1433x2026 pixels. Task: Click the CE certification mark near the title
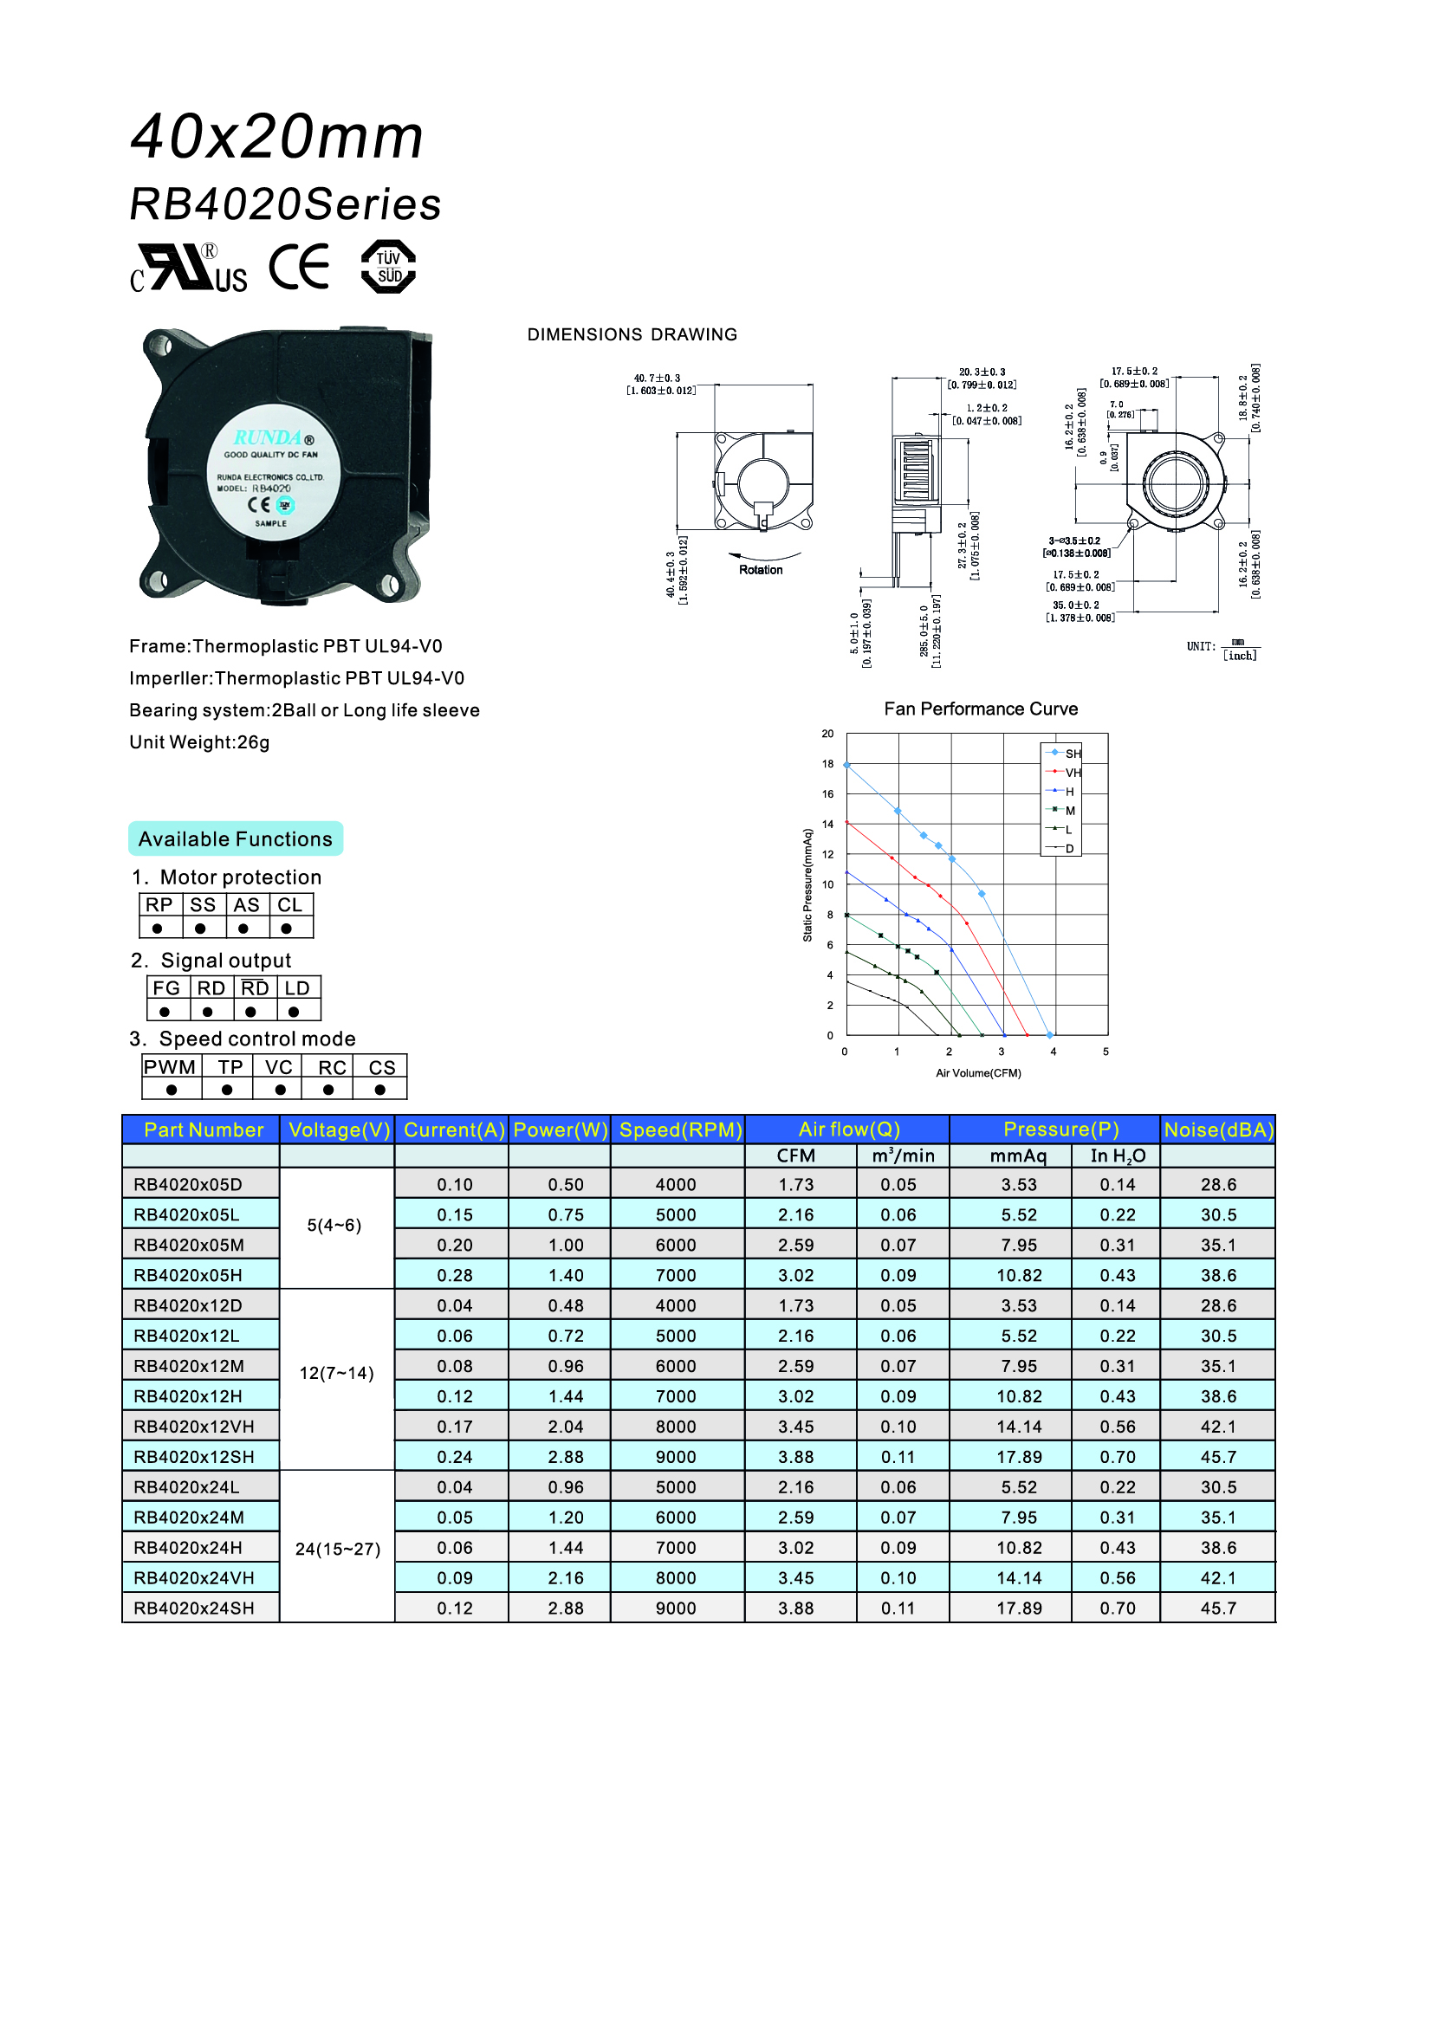pos(299,267)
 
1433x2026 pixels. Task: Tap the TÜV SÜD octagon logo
pos(388,267)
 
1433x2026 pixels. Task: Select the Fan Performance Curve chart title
pos(981,709)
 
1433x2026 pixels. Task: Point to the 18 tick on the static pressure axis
pos(827,764)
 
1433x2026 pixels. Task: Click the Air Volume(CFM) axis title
pos(978,1073)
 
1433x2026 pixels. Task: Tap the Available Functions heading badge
pos(236,838)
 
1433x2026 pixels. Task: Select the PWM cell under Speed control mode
pos(171,1067)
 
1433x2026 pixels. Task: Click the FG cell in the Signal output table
pos(166,988)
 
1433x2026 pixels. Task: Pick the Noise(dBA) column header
pos(1219,1130)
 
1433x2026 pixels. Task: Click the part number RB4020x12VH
pos(194,1426)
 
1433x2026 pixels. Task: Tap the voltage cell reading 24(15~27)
pos(338,1549)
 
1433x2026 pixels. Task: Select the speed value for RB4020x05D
pos(676,1184)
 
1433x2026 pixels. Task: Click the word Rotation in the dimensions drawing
pos(761,570)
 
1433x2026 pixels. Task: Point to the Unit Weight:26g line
pos(199,742)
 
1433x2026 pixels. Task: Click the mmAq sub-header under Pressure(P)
pos(1018,1156)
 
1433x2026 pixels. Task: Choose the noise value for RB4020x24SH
pos(1219,1608)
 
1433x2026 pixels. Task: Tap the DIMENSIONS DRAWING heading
pos(632,334)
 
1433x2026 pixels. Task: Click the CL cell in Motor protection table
pos(290,904)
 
